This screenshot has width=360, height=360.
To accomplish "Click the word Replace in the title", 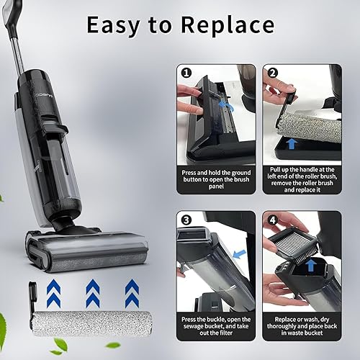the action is pyautogui.click(x=228, y=25).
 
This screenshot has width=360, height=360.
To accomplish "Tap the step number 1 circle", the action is pyautogui.click(x=186, y=73).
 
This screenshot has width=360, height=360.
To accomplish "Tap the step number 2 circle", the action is pyautogui.click(x=272, y=73).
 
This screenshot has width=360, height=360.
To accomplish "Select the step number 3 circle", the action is pyautogui.click(x=186, y=220).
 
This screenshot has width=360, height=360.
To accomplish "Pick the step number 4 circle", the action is pyautogui.click(x=272, y=220).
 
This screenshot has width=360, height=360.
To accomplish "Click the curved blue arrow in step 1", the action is pyautogui.click(x=227, y=106).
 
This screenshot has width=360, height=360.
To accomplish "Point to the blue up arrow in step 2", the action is pyautogui.click(x=292, y=143).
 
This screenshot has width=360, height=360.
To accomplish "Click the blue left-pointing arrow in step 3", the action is pyautogui.click(x=239, y=254).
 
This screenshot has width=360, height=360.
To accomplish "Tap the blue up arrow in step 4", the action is pyautogui.click(x=311, y=265).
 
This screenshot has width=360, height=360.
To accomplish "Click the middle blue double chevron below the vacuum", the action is pyautogui.click(x=93, y=293).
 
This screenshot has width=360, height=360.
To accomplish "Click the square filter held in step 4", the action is pyautogui.click(x=294, y=242).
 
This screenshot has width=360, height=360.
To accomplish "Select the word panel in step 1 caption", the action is pyautogui.click(x=216, y=186).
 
